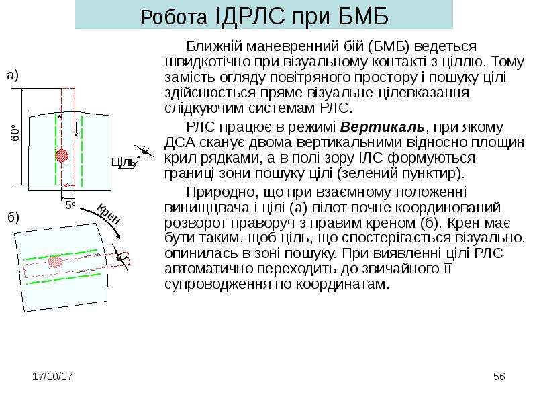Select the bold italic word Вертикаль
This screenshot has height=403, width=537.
click(x=382, y=127)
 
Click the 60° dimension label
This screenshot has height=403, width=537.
click(x=15, y=133)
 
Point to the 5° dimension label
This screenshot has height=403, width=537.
click(x=70, y=205)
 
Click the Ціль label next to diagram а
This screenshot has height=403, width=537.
click(x=124, y=162)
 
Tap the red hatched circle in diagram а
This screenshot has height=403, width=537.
click(x=62, y=155)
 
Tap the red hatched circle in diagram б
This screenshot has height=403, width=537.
click(x=55, y=261)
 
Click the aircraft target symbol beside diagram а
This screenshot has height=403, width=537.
click(x=144, y=150)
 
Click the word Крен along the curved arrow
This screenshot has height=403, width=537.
click(x=108, y=214)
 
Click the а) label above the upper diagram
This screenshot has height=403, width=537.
click(x=13, y=75)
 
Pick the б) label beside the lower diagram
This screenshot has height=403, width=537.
click(x=13, y=217)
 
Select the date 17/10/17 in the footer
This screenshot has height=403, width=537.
click(x=52, y=377)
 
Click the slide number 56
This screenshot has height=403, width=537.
click(x=499, y=377)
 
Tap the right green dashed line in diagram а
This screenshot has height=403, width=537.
click(x=82, y=151)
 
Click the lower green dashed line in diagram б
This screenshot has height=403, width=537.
click(x=64, y=279)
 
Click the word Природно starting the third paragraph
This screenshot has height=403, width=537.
click(x=222, y=192)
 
